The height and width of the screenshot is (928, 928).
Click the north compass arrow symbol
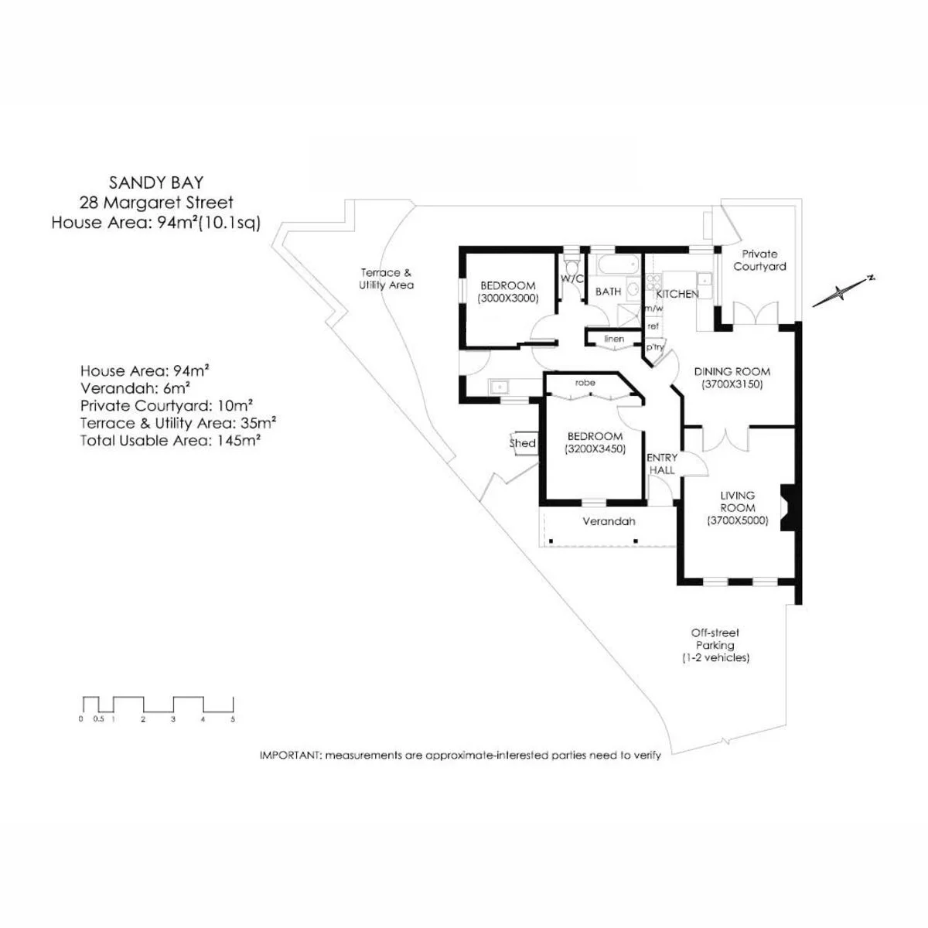842,291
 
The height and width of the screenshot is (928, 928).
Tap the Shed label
523,443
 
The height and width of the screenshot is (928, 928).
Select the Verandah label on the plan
609,521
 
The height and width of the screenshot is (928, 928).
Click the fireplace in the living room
787,507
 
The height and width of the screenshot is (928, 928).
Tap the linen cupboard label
614,339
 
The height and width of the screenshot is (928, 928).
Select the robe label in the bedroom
585,382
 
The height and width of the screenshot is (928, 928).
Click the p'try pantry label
655,346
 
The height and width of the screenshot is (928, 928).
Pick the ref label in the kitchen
653,326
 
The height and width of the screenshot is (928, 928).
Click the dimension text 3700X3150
732,384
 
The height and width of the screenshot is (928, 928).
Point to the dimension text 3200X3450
595,449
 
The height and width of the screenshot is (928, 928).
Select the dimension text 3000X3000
508,298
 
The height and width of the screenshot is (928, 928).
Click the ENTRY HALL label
662,463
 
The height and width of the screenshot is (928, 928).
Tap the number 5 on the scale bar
233,719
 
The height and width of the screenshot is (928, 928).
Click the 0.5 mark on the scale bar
99,719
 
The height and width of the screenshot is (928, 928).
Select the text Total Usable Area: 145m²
170,441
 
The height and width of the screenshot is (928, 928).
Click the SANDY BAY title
156,183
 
